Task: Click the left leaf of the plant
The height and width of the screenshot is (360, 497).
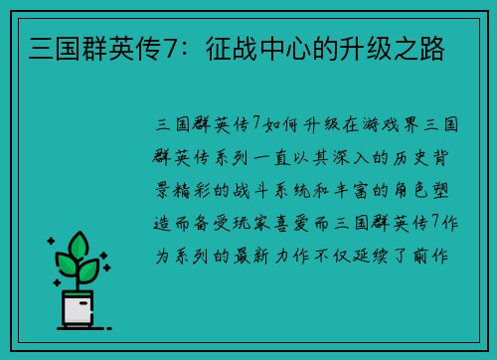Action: coord(66,265)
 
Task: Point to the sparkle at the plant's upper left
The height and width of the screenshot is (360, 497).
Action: coord(49,242)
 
